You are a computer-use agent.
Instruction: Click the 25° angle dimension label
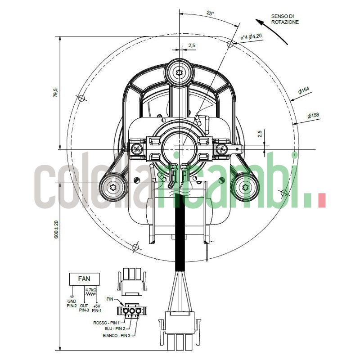[x=210, y=13]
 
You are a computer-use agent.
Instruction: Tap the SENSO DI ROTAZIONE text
[x=285, y=19]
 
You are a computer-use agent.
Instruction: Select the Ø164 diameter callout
[x=304, y=91]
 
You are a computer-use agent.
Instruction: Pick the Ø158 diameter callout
[x=313, y=116]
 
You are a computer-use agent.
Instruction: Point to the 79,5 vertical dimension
[x=56, y=93]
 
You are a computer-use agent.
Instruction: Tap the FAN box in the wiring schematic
[x=84, y=279]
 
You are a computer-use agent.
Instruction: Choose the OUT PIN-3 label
[x=84, y=308]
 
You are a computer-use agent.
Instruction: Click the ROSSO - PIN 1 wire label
[x=106, y=323]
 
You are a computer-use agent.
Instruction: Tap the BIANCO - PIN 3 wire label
[x=116, y=335]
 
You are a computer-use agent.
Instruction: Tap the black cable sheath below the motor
[x=180, y=234]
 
